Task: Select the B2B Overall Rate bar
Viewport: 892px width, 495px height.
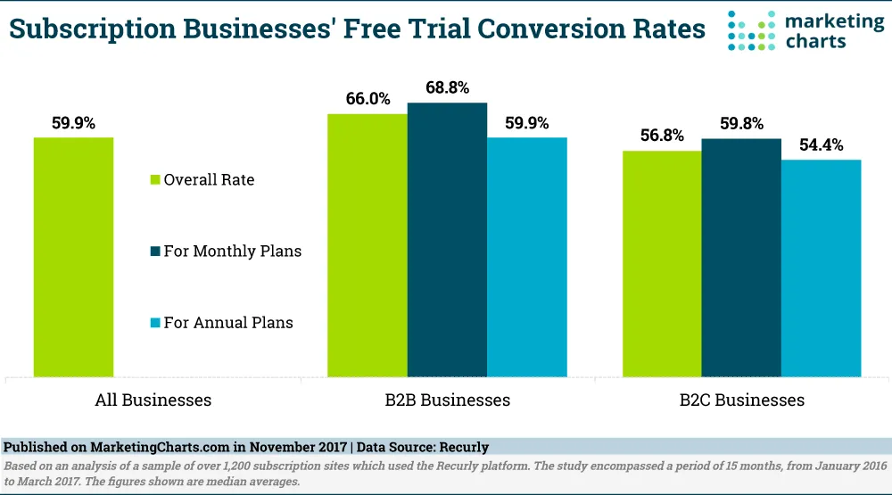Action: point(367,245)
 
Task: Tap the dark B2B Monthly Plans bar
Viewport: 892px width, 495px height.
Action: point(447,240)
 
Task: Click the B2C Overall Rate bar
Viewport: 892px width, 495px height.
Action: point(661,264)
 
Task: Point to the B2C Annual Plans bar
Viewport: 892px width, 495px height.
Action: point(821,268)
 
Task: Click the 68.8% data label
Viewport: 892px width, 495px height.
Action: point(448,88)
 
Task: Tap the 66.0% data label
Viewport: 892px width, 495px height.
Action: point(368,99)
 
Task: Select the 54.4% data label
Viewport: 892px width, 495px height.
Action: point(821,145)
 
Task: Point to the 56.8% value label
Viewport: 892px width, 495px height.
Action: point(661,136)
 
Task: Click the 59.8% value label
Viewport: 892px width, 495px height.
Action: point(740,124)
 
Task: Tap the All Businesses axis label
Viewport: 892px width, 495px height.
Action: point(153,400)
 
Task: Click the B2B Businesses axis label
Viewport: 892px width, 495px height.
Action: point(447,400)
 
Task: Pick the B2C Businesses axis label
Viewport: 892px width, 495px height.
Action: point(740,400)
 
